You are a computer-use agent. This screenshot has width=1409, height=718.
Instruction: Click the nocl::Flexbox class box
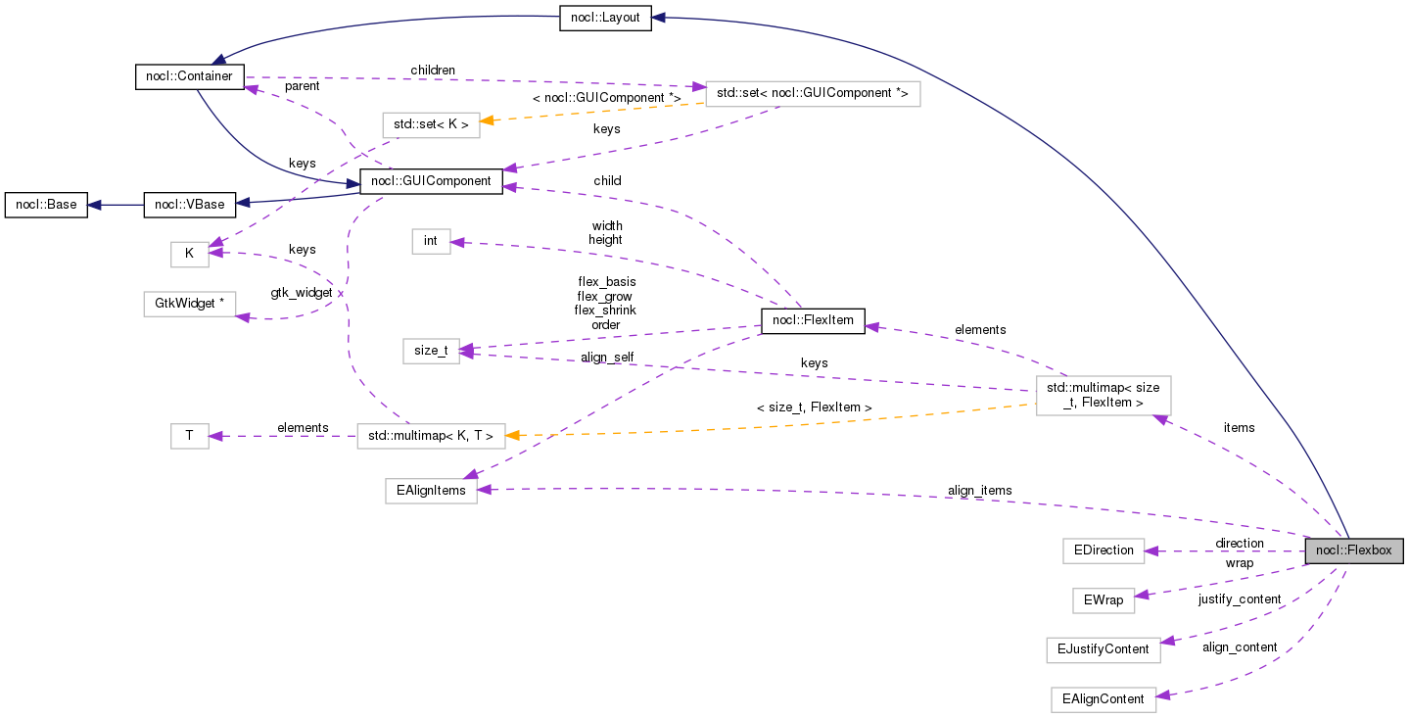[1354, 550]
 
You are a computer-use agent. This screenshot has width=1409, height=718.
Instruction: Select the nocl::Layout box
[605, 18]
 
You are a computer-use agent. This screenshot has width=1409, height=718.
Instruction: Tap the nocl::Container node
[188, 77]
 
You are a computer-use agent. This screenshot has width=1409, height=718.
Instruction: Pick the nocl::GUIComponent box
[432, 180]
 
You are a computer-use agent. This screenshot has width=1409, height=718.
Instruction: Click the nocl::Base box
[46, 205]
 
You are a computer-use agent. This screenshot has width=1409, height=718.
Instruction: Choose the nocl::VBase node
[190, 205]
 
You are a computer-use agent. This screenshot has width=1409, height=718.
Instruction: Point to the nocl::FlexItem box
[813, 320]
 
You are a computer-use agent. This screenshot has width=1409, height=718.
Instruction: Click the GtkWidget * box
[190, 304]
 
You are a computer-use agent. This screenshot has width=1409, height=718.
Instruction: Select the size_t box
[431, 350]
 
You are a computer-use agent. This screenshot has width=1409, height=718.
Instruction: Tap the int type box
[431, 241]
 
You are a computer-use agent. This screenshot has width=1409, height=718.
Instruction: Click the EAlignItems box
[431, 491]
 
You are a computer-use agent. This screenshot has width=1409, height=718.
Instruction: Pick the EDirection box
[1103, 550]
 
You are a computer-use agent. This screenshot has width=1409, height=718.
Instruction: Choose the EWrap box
[1103, 599]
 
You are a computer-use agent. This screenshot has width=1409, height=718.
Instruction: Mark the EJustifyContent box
[1103, 649]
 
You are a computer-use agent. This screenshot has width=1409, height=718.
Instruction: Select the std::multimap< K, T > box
[431, 436]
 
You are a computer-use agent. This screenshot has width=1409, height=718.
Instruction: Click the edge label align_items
[979, 490]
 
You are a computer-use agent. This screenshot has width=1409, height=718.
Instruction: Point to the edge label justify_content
[1239, 598]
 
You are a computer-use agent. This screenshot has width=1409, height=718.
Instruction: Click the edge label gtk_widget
[302, 293]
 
